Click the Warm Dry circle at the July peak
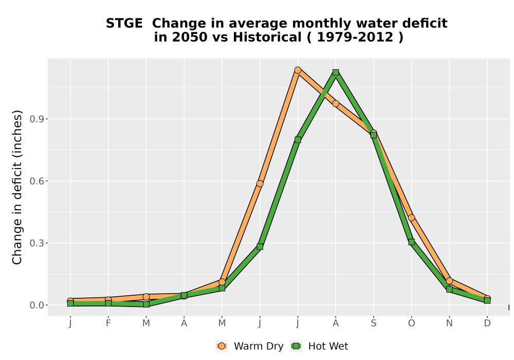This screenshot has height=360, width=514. coord(298,70)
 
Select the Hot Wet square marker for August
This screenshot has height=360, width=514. coord(336,73)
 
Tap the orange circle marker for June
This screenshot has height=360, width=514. coord(260,184)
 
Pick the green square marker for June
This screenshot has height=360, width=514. coord(260,246)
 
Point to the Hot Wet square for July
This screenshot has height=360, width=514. coord(298,140)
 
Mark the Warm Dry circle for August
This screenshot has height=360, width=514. coord(336,103)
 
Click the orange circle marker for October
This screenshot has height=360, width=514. coord(411,218)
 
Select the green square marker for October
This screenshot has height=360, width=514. coord(411,242)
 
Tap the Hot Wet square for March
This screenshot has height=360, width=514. coord(146,304)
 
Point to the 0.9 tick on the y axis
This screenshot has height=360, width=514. coord(36,119)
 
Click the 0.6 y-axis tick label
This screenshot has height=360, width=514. coord(36,181)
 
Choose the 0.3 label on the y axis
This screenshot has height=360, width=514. coord(36,243)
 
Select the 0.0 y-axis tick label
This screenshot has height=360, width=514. coord(36,305)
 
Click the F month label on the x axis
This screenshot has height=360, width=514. coord(108,323)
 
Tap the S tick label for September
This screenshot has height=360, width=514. coord(373,323)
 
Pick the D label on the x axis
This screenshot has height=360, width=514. coord(487,323)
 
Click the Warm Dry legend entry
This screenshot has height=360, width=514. coord(250,346)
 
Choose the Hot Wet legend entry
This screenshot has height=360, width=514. coord(319,346)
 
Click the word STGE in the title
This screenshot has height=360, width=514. coord(124,24)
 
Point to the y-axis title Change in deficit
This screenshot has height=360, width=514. coord(17,187)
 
